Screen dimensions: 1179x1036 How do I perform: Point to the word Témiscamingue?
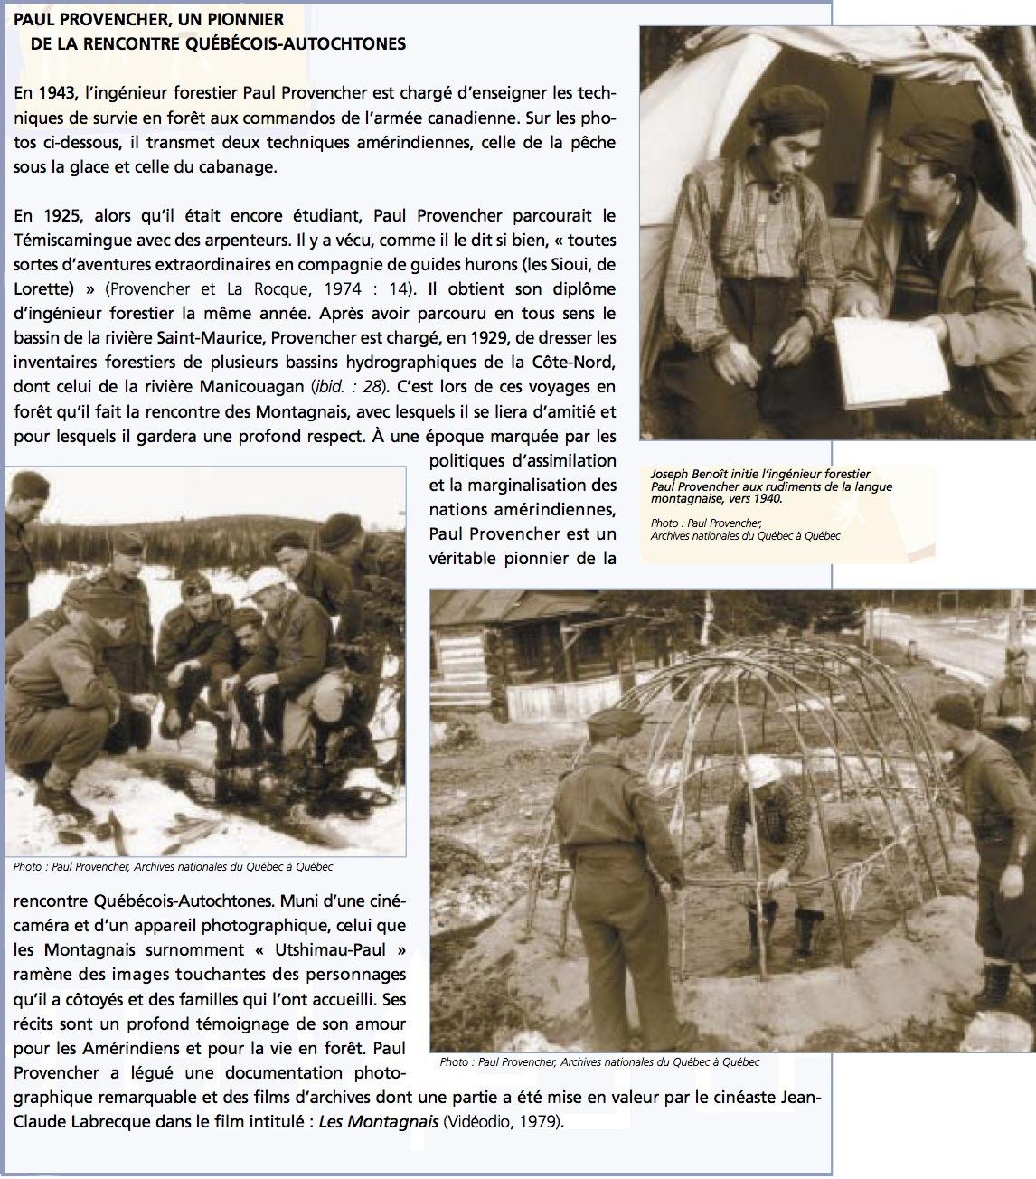click(69, 241)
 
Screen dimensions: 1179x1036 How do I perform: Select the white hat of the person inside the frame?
click(761, 770)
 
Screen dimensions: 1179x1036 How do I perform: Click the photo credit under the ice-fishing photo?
click(173, 867)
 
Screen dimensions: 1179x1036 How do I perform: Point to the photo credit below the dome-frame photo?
click(599, 1062)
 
